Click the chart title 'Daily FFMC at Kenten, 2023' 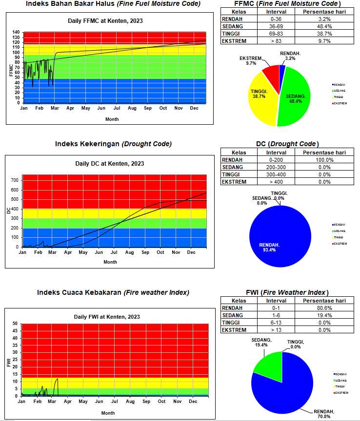[105, 21]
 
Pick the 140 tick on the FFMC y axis [16, 33]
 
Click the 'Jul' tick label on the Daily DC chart [114, 252]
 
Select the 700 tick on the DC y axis [14, 180]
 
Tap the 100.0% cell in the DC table [324, 160]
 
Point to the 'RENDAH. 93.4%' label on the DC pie [269, 247]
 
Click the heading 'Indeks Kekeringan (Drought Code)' [113, 144]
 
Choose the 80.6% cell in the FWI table [324, 308]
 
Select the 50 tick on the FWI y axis [15, 324]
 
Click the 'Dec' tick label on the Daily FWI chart [193, 402]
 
